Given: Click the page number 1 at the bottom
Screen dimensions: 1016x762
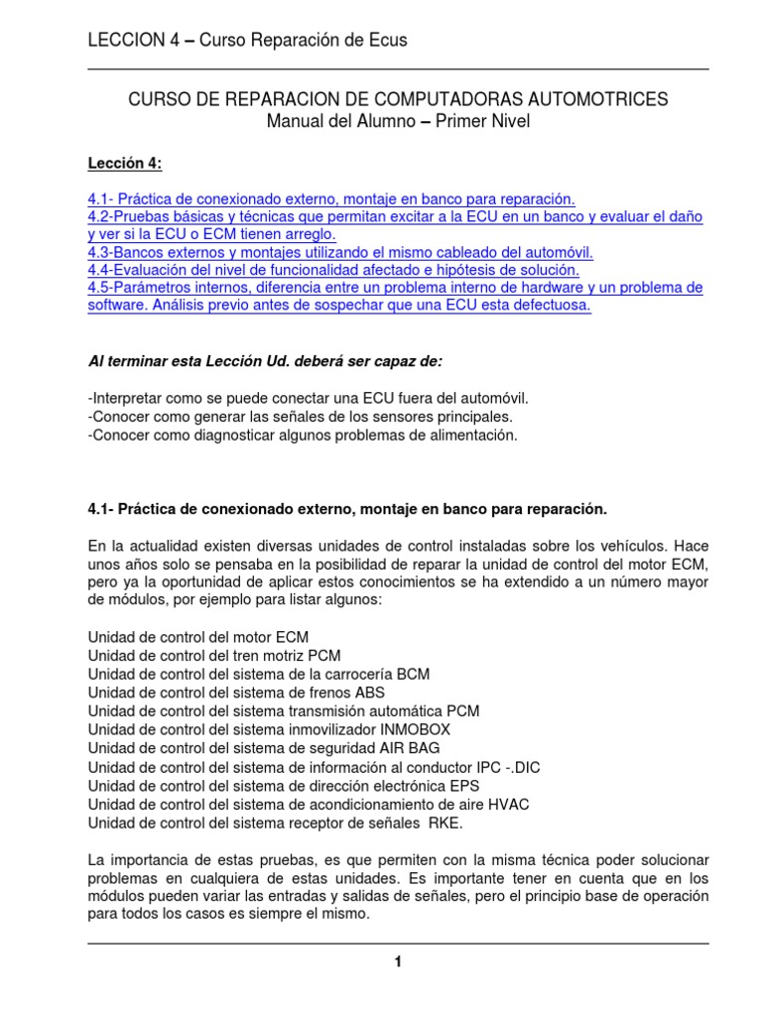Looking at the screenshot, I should [398, 962].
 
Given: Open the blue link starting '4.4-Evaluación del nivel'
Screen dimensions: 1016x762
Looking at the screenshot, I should [332, 270].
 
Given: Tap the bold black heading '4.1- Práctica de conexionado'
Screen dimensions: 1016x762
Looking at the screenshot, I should [346, 508].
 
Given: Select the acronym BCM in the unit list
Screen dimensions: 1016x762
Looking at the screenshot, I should [411, 674].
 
